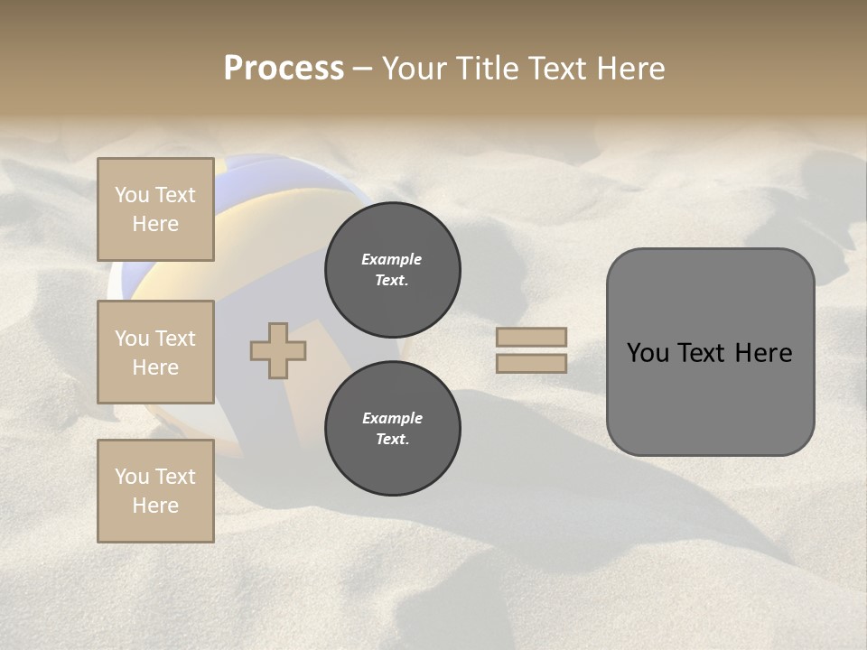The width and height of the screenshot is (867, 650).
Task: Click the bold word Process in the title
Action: pyautogui.click(x=284, y=68)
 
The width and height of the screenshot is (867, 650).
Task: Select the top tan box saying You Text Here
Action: pyautogui.click(x=155, y=209)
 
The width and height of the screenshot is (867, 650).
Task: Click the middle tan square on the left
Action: pyautogui.click(x=155, y=352)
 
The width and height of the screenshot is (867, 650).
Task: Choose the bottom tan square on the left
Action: pyautogui.click(x=155, y=491)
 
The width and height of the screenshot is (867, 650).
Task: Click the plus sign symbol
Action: pyautogui.click(x=278, y=350)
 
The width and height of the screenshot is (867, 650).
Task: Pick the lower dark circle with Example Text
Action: pyautogui.click(x=393, y=429)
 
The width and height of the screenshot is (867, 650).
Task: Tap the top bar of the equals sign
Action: pyautogui.click(x=532, y=337)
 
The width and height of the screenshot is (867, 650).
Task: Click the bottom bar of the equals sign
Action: pyautogui.click(x=532, y=363)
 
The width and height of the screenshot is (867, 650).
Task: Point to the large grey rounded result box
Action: pyautogui.click(x=710, y=351)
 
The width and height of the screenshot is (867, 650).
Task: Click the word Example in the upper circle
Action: pyautogui.click(x=392, y=259)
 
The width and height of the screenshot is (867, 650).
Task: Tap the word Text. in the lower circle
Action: pyautogui.click(x=392, y=440)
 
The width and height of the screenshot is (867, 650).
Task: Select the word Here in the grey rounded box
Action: pyautogui.click(x=763, y=353)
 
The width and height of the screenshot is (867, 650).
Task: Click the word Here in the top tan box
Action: pyautogui.click(x=155, y=224)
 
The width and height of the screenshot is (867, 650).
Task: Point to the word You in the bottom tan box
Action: pyautogui.click(x=132, y=477)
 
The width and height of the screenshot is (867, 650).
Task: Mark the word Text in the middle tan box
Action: pyautogui.click(x=174, y=339)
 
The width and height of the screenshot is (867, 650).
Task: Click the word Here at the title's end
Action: pyautogui.click(x=631, y=69)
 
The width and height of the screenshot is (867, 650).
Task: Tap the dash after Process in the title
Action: pyautogui.click(x=361, y=69)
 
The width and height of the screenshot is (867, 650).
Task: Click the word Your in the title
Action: pyautogui.click(x=413, y=69)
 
